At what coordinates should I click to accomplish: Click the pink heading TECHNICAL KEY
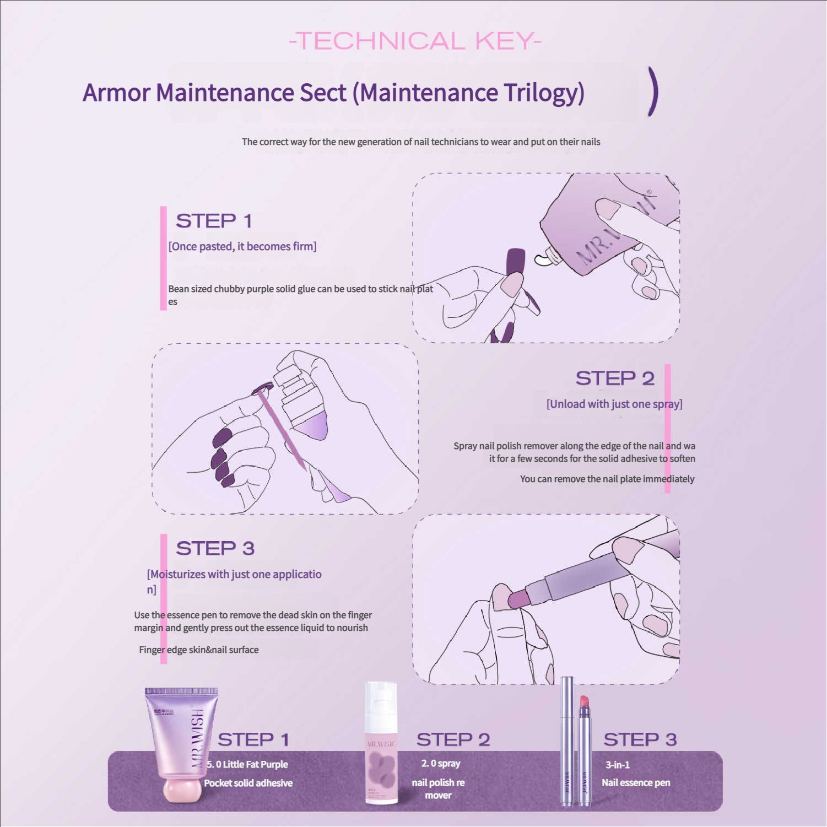coord(415,41)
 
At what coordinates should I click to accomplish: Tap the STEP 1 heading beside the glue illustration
coord(214,221)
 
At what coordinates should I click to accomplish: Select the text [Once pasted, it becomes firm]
coord(242,246)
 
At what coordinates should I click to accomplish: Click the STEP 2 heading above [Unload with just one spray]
coord(615,379)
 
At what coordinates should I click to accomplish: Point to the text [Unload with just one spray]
coord(614,404)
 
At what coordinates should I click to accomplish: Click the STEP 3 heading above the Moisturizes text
coord(215,548)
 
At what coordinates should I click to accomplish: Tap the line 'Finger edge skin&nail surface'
coord(198,650)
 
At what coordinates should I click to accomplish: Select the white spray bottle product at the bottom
coord(381,742)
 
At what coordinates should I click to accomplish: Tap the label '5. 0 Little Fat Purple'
coord(247,764)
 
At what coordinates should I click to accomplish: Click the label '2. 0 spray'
coord(441,763)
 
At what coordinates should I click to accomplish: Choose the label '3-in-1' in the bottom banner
coord(618,765)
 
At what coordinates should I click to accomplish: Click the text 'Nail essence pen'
coord(636,782)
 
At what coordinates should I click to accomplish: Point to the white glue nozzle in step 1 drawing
coord(545,257)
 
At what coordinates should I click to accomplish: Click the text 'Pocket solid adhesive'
coord(248,783)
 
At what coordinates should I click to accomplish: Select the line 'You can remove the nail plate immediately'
coord(607,479)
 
